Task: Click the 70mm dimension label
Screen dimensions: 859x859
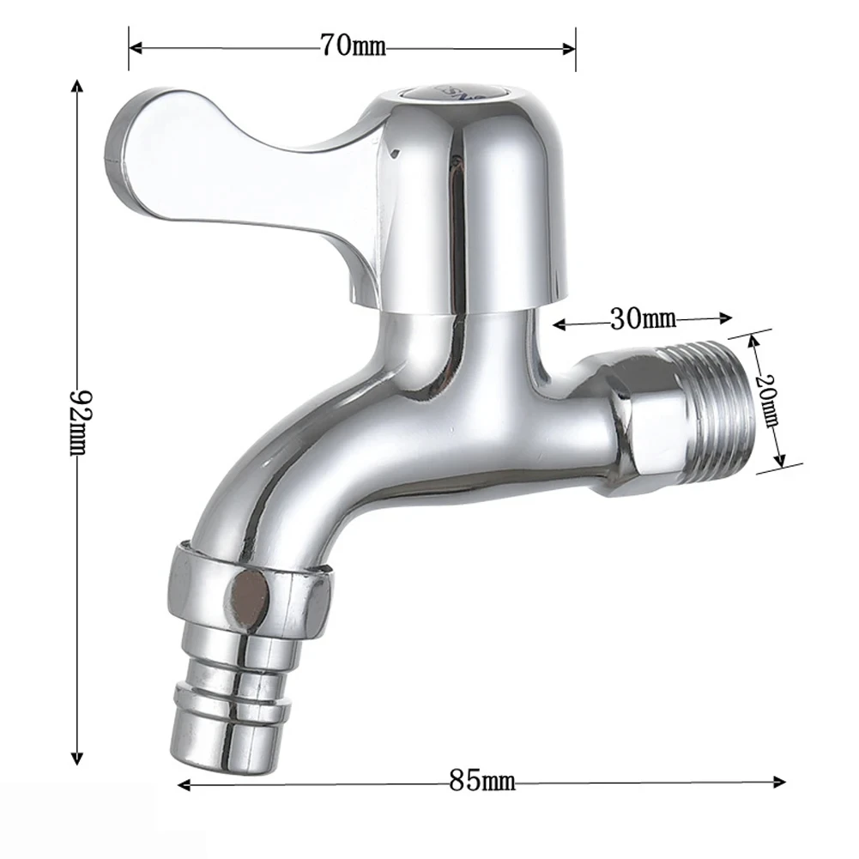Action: point(353,45)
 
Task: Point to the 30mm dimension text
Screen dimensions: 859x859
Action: point(643,320)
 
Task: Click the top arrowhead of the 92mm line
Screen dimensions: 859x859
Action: point(78,87)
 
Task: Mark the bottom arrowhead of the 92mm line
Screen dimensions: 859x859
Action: point(78,759)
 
